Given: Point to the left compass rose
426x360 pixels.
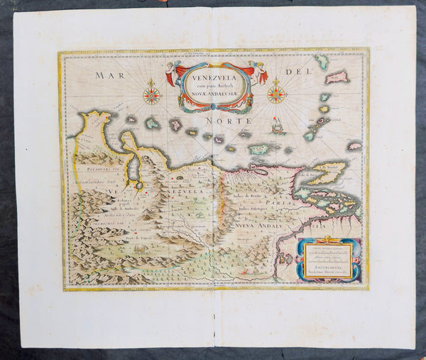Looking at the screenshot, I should (x=151, y=95).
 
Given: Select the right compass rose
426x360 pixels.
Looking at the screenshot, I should (x=276, y=94).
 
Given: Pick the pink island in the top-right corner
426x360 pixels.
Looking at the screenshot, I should (x=337, y=77).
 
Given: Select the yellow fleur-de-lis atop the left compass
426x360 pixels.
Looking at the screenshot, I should (x=151, y=83).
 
